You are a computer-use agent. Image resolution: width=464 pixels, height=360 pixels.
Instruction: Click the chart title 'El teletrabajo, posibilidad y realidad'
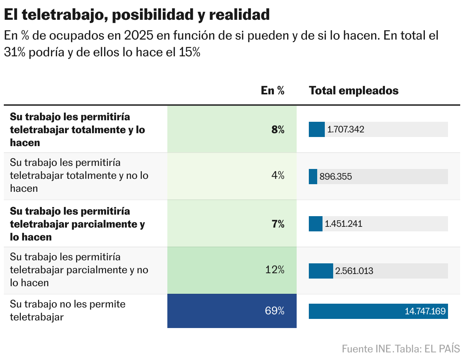point(137,15)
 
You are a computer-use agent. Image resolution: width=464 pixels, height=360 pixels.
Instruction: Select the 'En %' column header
point(272,91)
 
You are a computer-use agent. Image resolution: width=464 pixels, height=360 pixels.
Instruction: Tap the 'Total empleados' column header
point(354,91)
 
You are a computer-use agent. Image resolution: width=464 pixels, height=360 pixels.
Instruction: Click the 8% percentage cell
point(278,130)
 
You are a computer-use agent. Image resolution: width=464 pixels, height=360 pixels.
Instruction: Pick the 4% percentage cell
point(278,175)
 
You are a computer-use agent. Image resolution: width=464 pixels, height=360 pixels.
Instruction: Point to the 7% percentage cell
point(278,224)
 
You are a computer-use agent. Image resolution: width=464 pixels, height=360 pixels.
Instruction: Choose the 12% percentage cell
point(275,270)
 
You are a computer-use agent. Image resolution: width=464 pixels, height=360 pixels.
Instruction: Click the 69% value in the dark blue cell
point(275,311)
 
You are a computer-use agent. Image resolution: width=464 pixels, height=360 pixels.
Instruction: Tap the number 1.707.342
point(346,130)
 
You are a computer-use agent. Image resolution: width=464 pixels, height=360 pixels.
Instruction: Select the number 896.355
point(336,177)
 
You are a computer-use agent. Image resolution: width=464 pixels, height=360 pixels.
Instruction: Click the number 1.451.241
point(343,224)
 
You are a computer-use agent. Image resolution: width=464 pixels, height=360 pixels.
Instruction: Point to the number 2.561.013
point(354,271)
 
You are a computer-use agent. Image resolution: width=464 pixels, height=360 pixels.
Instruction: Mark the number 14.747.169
point(425,311)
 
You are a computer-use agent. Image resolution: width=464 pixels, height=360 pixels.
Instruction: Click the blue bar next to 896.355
point(313,177)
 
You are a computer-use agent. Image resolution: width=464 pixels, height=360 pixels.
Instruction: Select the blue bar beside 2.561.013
point(321,271)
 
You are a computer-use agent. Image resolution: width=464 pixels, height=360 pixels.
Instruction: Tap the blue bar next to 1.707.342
point(316,129)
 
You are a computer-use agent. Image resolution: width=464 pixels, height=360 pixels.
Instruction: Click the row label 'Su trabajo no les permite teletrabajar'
point(68,311)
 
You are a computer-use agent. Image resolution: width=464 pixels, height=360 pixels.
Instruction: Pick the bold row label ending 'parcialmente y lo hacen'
point(77,224)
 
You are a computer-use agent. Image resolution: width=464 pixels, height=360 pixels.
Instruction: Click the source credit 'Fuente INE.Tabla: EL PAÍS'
point(401,349)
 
